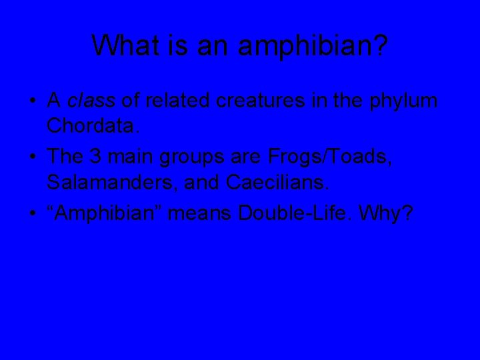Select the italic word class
[x=91, y=101]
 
